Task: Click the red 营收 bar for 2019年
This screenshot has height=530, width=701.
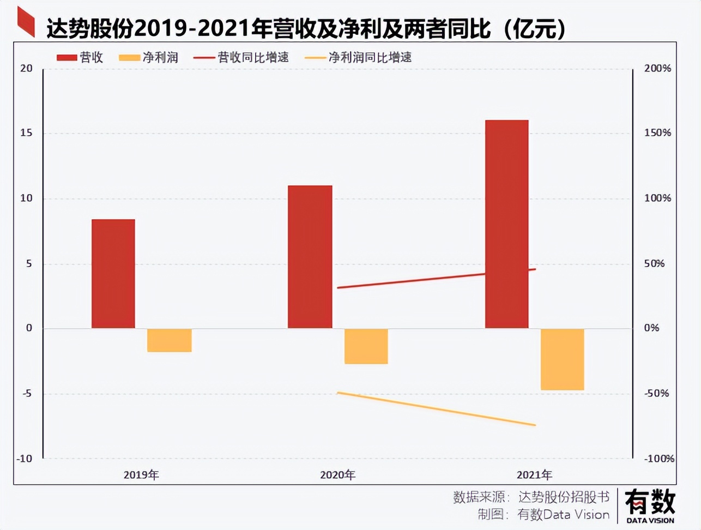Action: pos(113,274)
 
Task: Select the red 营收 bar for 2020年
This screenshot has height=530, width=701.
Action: pos(310,257)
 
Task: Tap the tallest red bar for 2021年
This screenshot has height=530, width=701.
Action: pos(506,224)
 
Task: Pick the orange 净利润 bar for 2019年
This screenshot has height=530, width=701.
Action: pos(169,340)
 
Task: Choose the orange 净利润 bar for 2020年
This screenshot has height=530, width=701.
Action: pos(366,346)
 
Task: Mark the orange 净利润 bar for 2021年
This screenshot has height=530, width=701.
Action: pos(562,359)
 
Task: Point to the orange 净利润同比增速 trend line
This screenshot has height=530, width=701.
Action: pos(436,408)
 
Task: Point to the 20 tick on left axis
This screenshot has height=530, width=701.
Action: pos(26,68)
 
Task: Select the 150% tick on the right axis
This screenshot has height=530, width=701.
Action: pos(657,133)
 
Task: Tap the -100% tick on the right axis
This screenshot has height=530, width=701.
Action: pos(659,459)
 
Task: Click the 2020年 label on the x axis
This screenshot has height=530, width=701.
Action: pos(337,475)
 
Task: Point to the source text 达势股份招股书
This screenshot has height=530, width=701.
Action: pos(564,497)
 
